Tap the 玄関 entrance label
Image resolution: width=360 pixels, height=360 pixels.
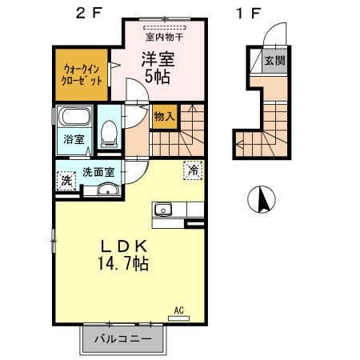coord(274,60)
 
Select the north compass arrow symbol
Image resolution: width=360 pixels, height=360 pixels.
coord(261,199)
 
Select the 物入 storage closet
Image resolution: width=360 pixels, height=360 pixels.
coord(164,117)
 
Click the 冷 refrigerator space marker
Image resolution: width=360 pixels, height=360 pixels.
coord(193,170)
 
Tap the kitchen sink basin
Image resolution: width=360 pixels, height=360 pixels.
coord(164,210)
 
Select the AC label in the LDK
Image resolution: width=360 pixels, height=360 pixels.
coord(179,309)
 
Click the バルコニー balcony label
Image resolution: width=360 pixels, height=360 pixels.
coord(123,339)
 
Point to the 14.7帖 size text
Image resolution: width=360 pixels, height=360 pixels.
coord(123,262)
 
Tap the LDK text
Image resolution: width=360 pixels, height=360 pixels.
coord(123,244)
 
